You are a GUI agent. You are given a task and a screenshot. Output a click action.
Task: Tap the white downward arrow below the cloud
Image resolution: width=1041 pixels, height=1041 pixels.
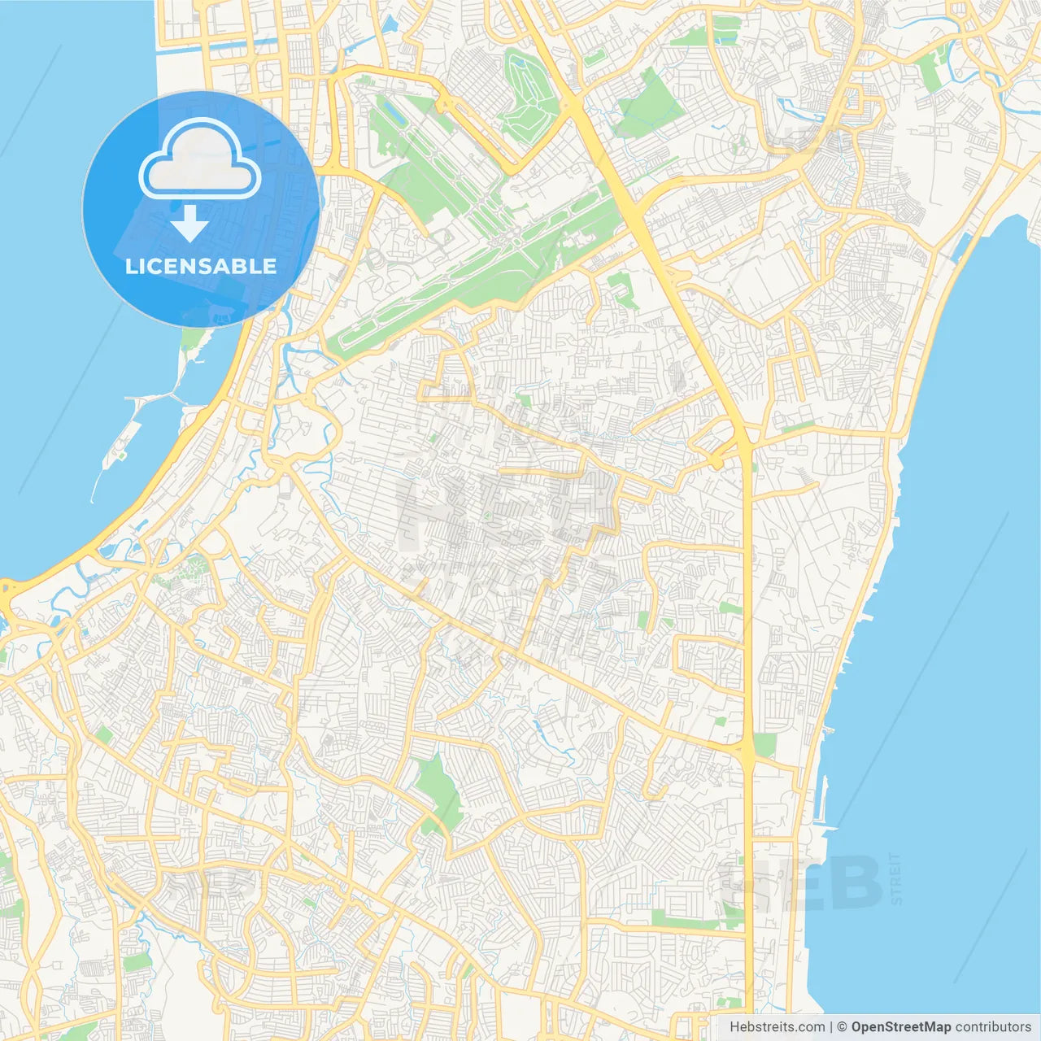pyautogui.click(x=189, y=224)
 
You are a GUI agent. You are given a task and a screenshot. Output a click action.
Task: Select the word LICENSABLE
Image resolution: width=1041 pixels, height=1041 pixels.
pyautogui.click(x=201, y=266)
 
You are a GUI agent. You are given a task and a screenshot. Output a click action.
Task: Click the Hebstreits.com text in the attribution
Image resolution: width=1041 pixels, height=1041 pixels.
pyautogui.click(x=777, y=1027)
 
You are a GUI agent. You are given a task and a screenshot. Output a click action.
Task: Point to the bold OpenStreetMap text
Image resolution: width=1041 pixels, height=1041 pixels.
pyautogui.click(x=901, y=1027)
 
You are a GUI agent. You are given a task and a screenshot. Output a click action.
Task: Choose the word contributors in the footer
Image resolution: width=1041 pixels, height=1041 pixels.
pyautogui.click(x=993, y=1027)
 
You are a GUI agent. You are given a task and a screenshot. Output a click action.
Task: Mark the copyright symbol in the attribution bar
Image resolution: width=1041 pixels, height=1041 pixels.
pyautogui.click(x=843, y=1027)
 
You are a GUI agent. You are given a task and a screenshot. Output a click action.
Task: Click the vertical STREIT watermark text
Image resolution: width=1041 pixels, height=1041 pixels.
pyautogui.click(x=896, y=878)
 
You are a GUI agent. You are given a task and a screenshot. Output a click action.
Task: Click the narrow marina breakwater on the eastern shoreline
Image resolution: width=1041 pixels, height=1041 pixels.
pyautogui.click(x=822, y=805)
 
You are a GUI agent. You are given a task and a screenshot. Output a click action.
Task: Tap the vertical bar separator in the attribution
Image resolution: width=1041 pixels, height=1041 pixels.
pyautogui.click(x=830, y=1027)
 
